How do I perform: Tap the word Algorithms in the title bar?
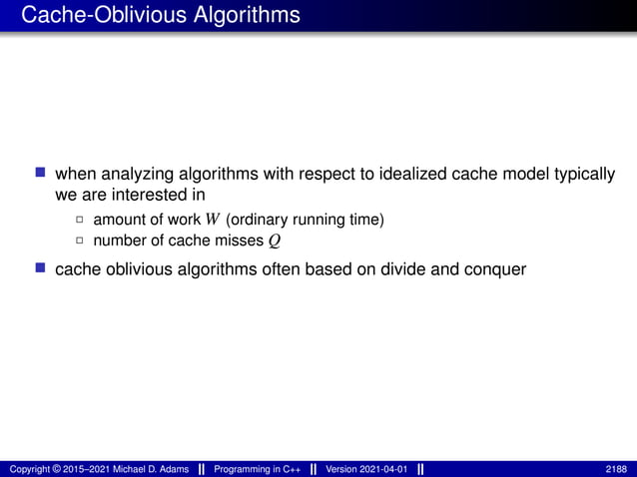click(x=234, y=16)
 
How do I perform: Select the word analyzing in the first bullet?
click(x=135, y=174)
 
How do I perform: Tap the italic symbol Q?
click(x=274, y=241)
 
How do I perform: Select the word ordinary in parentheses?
click(x=265, y=220)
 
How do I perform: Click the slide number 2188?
click(x=617, y=469)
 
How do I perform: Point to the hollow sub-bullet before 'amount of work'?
click(x=81, y=220)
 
